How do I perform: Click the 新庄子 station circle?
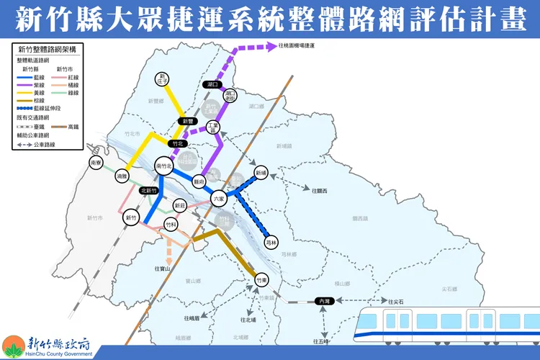[163, 78]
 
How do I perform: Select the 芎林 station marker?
[271, 244]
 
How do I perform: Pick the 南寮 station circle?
[96, 163]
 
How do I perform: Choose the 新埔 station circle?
[260, 174]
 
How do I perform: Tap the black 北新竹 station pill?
[150, 191]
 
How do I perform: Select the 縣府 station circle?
[199, 182]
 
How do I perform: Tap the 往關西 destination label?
[320, 191]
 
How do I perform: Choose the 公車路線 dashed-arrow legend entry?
[36, 144]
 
